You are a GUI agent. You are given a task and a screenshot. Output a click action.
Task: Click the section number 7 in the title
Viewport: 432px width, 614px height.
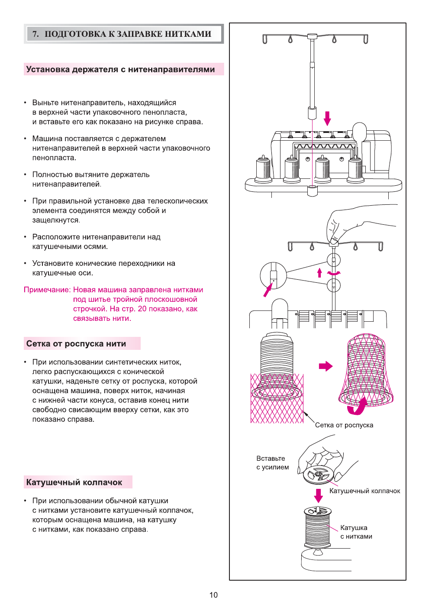pos(35,34)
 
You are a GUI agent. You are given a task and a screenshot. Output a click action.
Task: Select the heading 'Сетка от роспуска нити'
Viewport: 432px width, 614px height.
pos(76,344)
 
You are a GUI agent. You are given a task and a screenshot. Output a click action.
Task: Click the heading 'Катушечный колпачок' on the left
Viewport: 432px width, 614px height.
pos(74,482)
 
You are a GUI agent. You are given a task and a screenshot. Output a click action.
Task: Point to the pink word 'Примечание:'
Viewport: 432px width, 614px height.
pos(47,290)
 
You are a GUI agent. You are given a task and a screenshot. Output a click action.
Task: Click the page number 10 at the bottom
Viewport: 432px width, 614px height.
pos(213,595)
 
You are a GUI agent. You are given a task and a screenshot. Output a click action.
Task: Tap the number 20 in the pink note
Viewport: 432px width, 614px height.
pos(142,309)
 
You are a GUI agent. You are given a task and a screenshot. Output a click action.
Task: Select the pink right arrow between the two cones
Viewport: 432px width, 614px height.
pos(326,366)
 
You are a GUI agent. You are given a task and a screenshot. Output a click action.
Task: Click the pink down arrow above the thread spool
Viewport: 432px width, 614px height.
pos(319,495)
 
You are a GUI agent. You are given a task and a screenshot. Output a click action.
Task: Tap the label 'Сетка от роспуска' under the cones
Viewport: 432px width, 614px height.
pos(344,425)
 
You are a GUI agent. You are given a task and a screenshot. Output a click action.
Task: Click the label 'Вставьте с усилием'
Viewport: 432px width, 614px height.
pos(272,463)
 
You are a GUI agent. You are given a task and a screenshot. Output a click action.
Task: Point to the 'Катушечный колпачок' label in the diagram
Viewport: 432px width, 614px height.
pos(364,491)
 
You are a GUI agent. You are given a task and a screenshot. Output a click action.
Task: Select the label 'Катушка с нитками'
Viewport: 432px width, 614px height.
pos(356,532)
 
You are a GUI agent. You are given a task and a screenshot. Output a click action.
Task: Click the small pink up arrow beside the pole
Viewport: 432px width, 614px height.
pos(319,272)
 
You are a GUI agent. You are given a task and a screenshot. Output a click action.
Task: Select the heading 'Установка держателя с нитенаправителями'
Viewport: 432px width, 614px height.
pos(120,69)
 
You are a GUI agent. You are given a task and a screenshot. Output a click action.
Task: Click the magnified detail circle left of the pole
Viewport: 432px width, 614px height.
pos(273,275)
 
